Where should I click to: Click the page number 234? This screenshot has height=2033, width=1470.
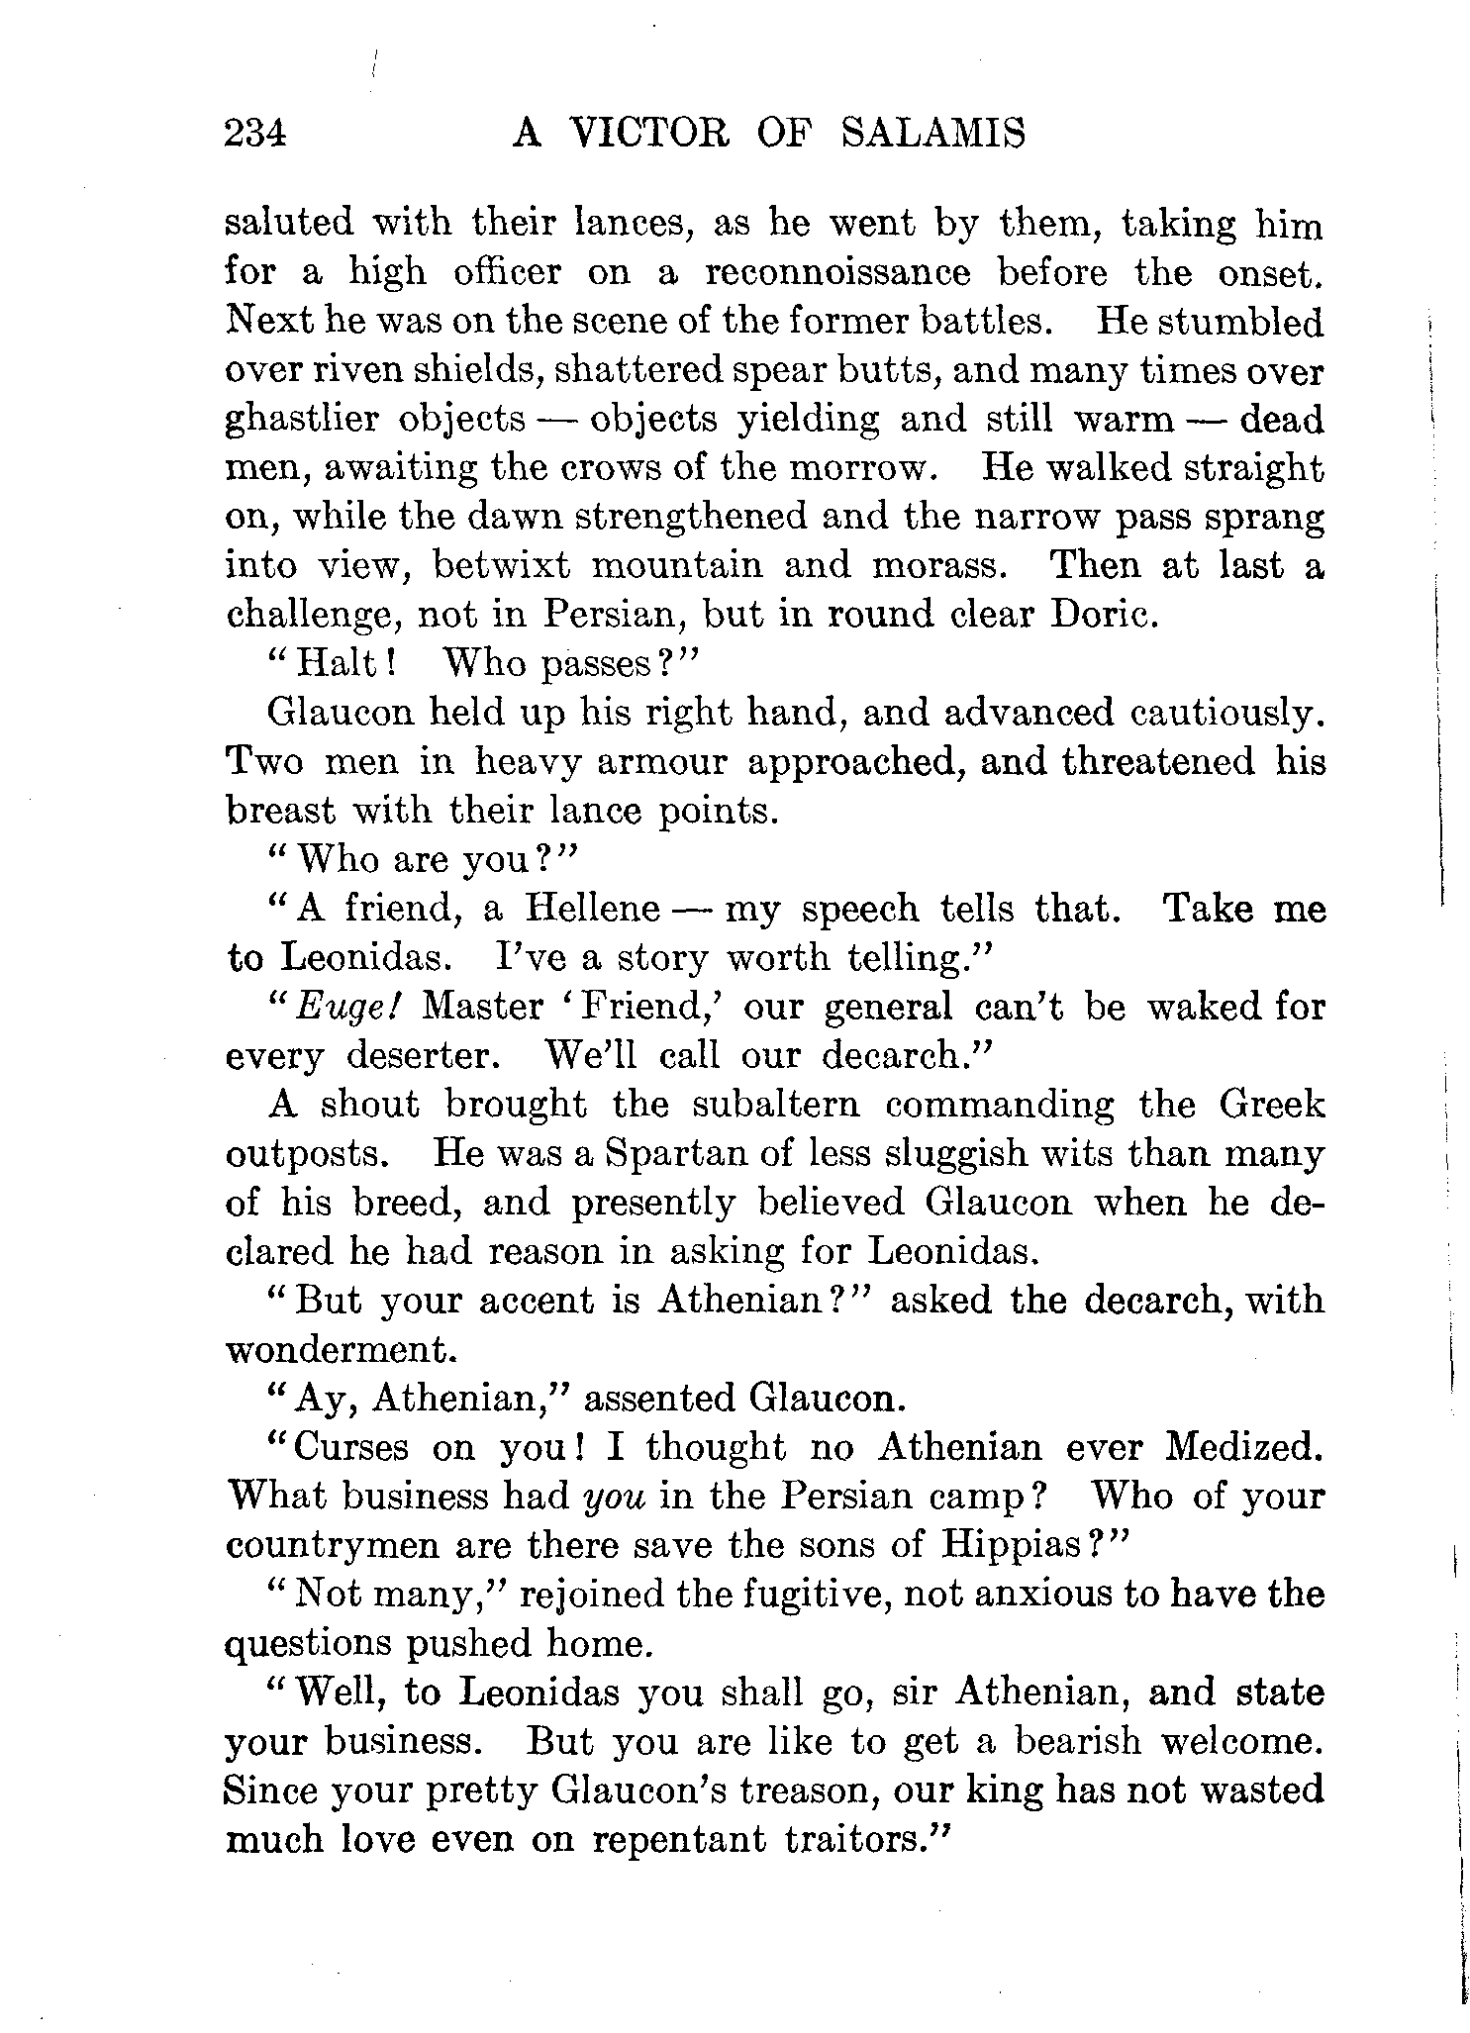click(255, 133)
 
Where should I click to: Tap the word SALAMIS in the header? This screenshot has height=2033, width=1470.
click(932, 133)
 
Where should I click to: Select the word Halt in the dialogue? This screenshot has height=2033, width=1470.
click(334, 663)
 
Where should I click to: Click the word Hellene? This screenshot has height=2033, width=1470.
click(592, 909)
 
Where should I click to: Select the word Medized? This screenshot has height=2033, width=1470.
click(1242, 1448)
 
